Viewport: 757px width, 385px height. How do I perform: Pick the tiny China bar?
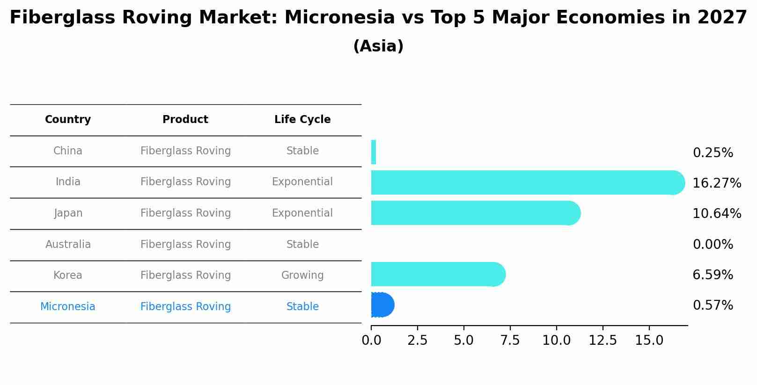tap(374, 152)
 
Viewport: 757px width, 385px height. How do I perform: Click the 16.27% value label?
tap(717, 183)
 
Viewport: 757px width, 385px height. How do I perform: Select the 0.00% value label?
tap(713, 245)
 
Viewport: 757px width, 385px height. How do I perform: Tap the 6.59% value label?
tap(713, 275)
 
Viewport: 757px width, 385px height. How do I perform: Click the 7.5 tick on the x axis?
tap(510, 341)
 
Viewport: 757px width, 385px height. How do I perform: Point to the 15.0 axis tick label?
tap(649, 341)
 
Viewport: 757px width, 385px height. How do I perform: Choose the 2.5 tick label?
tap(417, 341)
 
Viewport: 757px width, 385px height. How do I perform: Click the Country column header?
tap(68, 120)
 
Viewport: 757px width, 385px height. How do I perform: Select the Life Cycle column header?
tap(302, 120)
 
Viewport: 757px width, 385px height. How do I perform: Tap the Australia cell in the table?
tap(68, 244)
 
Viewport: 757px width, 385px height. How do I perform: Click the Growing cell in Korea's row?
tap(302, 276)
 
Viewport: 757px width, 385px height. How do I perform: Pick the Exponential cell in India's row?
tap(302, 182)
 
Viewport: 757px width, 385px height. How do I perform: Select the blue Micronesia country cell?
tap(68, 307)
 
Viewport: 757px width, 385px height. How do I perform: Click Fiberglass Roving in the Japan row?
tap(185, 213)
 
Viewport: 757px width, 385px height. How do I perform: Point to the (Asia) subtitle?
tap(378, 46)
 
